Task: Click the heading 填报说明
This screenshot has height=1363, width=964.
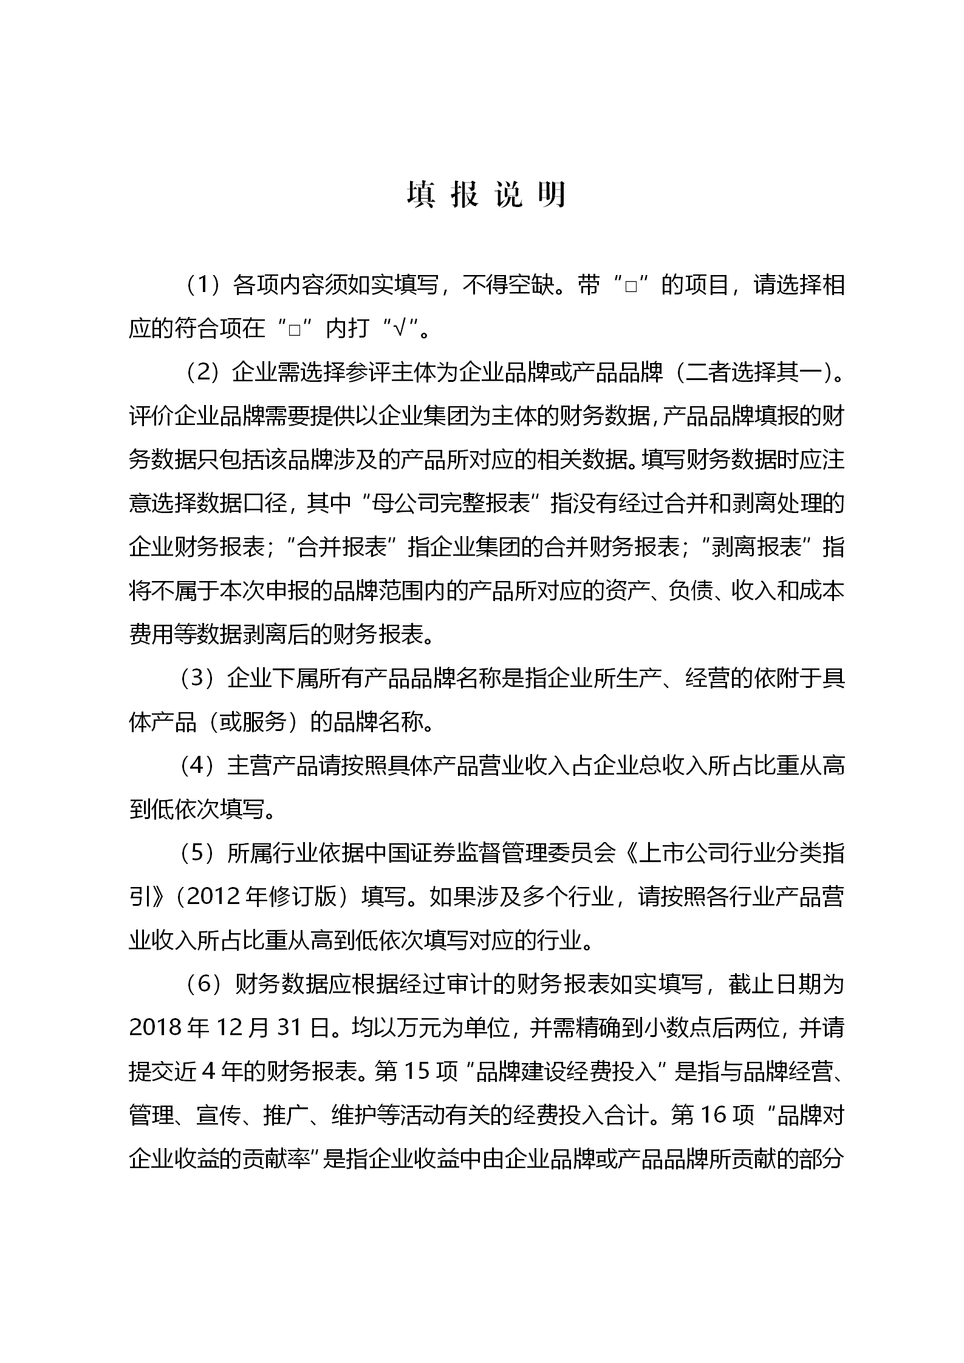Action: click(486, 195)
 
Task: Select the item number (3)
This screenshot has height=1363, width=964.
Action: click(200, 678)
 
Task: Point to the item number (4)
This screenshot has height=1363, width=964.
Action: click(200, 766)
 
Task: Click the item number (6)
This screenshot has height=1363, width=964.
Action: click(204, 984)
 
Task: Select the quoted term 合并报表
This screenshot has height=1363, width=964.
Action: click(343, 547)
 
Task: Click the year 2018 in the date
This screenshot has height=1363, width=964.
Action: click(156, 1028)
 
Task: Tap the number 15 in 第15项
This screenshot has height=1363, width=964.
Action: click(416, 1072)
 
